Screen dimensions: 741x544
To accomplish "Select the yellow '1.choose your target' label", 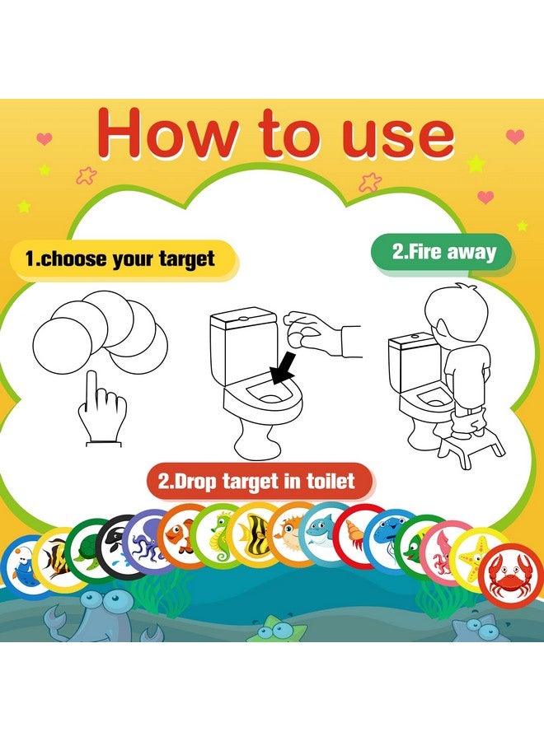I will pos(120,259).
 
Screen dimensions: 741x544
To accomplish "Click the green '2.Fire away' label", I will pos(443,251).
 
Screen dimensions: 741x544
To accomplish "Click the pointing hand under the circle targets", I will pos(101,408).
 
